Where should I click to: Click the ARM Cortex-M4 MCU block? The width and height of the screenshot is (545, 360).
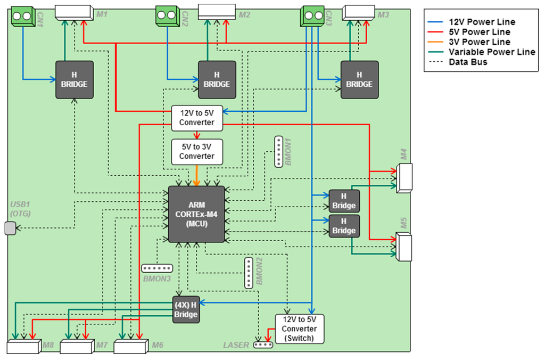coord(196,214)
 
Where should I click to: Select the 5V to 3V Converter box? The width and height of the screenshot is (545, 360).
coord(196,151)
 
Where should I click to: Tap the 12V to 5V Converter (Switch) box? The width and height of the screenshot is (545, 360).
coord(299,329)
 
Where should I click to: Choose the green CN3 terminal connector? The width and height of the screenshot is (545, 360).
coord(312,15)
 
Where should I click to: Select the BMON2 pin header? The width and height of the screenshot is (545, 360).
coord(249,273)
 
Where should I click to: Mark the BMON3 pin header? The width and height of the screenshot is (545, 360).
coord(158,268)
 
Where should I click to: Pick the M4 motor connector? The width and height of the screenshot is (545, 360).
coord(404,177)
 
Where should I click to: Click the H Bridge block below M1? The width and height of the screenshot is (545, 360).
coord(75,79)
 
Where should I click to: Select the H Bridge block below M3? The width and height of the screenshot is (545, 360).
coord(359,79)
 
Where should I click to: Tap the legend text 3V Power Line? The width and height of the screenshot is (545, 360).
coord(479,42)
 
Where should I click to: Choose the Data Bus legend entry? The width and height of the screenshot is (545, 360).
coord(468,62)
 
